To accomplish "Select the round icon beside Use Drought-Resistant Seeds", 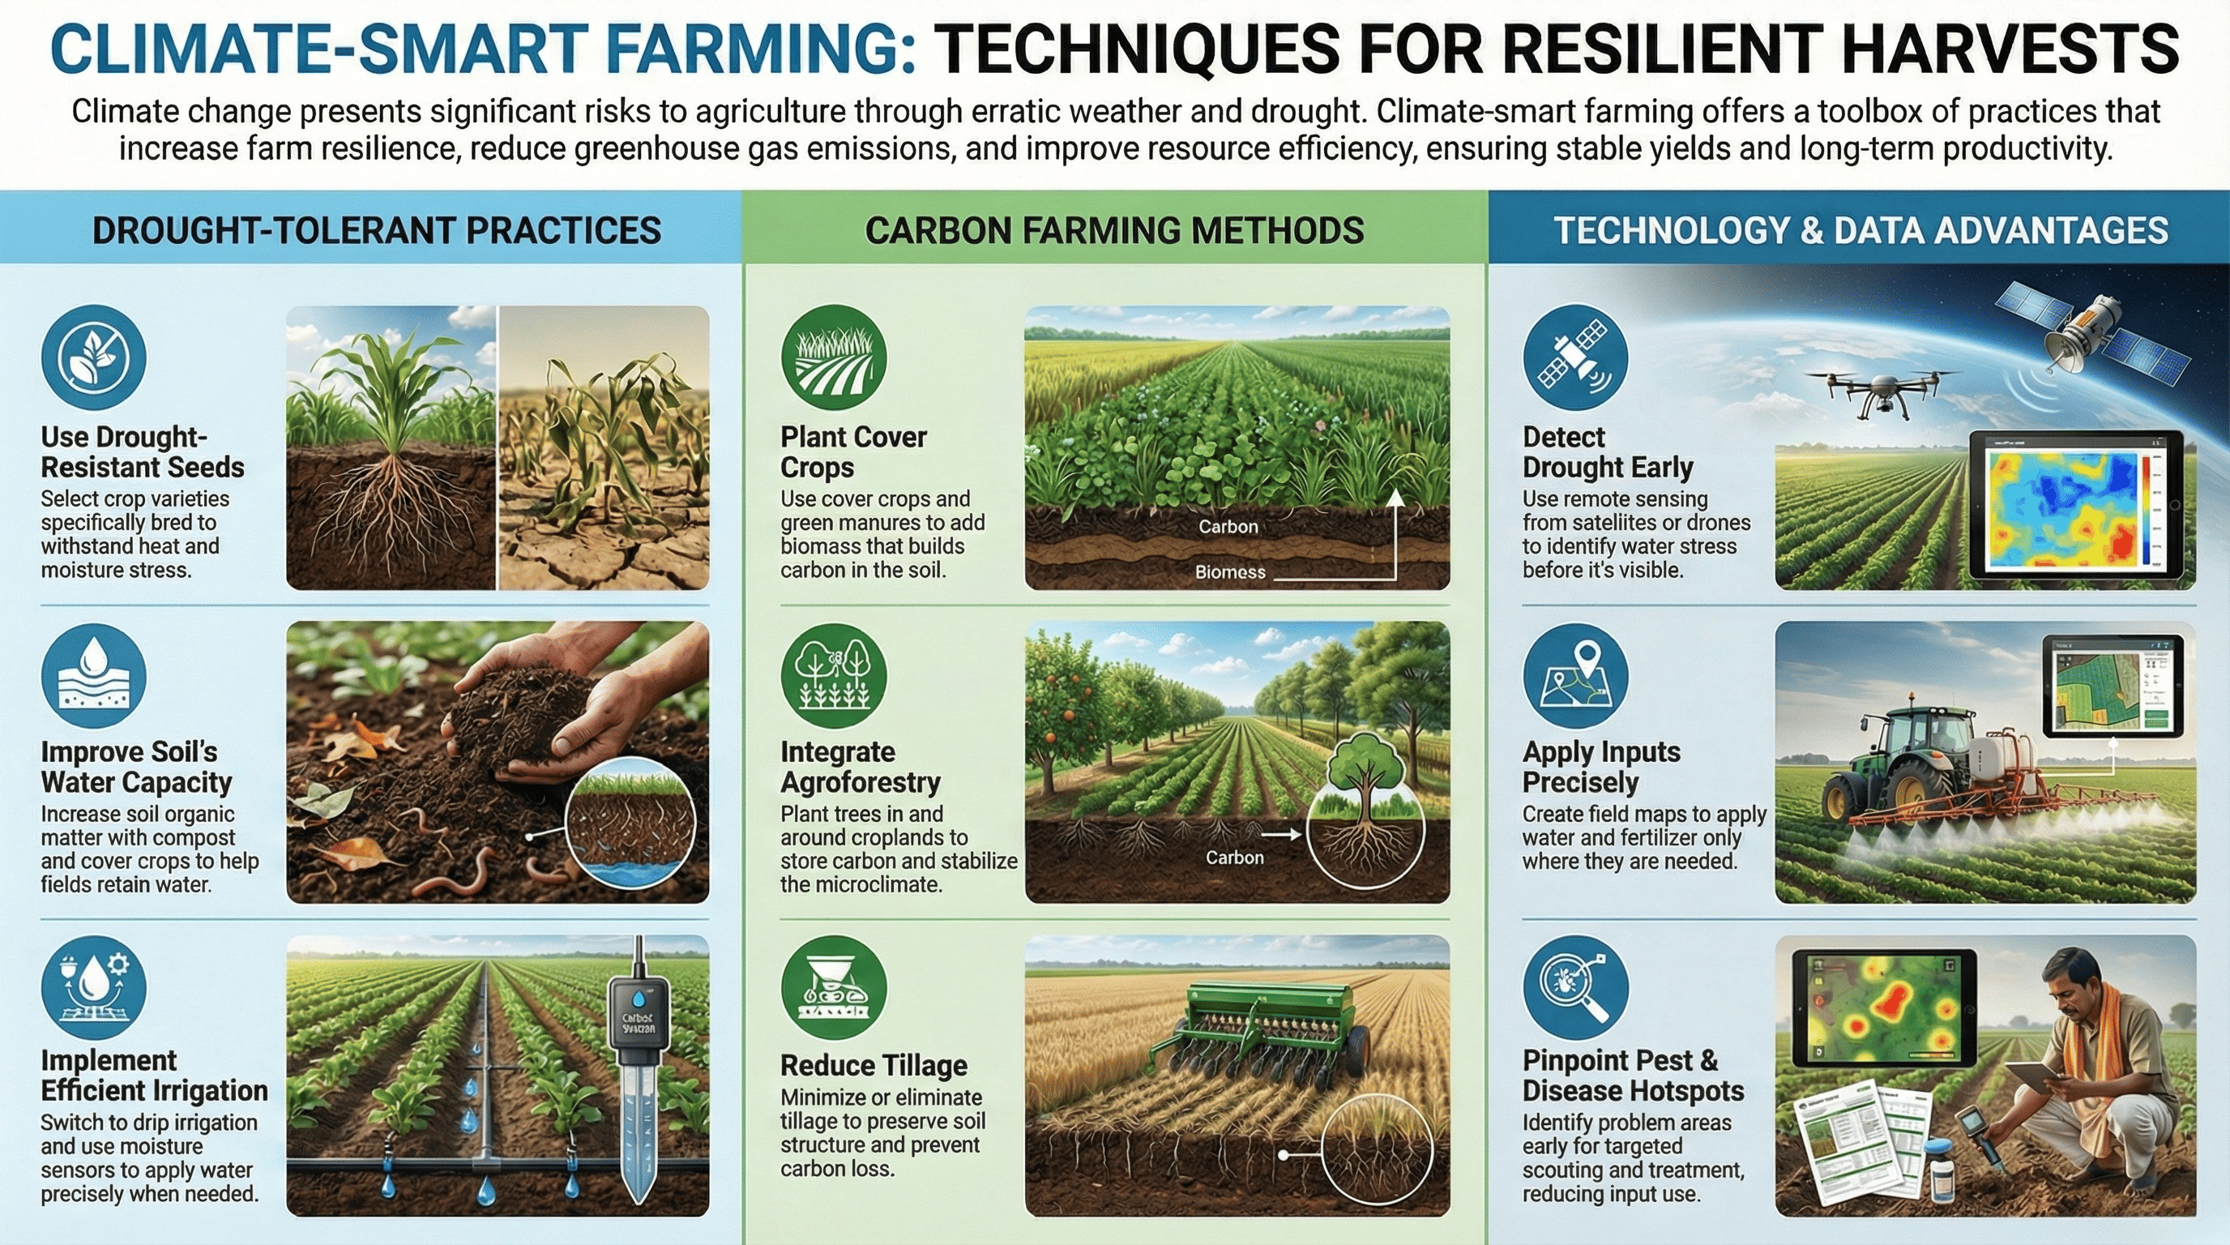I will (x=93, y=357).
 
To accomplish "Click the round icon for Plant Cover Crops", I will (x=834, y=357).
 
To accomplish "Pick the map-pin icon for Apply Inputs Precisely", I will (x=1575, y=676).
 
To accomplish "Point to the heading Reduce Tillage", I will (x=874, y=1065).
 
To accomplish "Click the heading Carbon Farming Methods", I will (x=1114, y=230).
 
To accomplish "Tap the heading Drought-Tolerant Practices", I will (x=377, y=230).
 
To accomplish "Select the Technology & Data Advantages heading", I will (x=1860, y=230).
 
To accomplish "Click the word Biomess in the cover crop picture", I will (x=1230, y=572).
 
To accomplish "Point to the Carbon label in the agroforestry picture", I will (x=1234, y=858).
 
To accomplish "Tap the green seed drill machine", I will (x=1264, y=1030).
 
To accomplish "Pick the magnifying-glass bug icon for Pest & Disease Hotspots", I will (x=1575, y=987).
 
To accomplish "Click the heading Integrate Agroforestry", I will (x=860, y=767).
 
